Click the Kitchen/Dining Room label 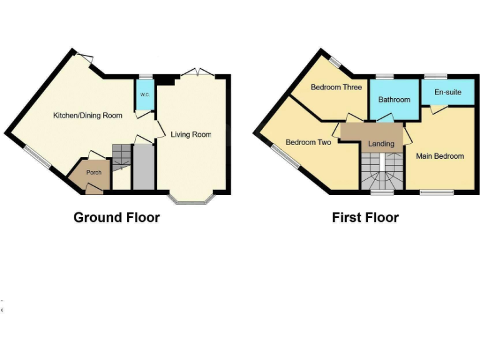pos(87,116)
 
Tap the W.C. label pos(144,94)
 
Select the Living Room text pos(191,134)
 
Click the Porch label pos(94,172)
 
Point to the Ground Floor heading pos(117,217)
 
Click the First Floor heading pos(365,217)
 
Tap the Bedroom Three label pos(336,87)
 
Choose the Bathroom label pos(394,99)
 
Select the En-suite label pos(447,92)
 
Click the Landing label pos(381,144)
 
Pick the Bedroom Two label pos(308,142)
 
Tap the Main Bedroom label pos(440,156)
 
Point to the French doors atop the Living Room pos(197,74)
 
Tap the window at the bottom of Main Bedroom pos(432,192)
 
